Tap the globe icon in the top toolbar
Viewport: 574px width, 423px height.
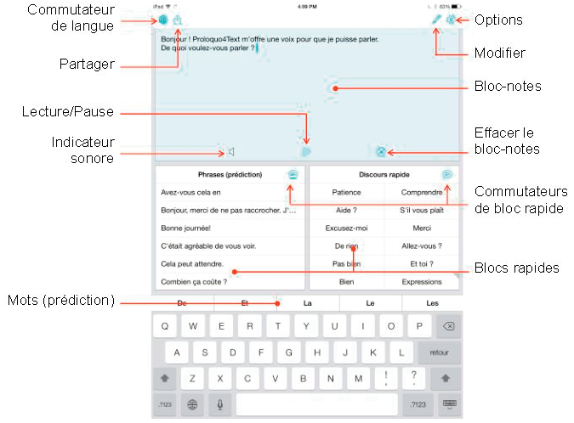(x=162, y=19)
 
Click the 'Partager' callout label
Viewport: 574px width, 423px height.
(x=88, y=64)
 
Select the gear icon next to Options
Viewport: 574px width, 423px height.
(x=452, y=19)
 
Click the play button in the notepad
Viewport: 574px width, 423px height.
(x=307, y=151)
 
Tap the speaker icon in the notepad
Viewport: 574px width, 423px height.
(x=230, y=152)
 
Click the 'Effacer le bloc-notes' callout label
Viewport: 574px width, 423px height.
(x=507, y=141)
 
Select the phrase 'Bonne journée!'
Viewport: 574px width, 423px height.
(x=185, y=228)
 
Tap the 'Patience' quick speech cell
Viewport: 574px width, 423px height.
(x=347, y=193)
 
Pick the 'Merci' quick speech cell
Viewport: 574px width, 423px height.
(x=421, y=228)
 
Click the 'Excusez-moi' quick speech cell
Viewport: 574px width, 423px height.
(x=347, y=228)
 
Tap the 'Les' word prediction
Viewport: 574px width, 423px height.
(x=432, y=302)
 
